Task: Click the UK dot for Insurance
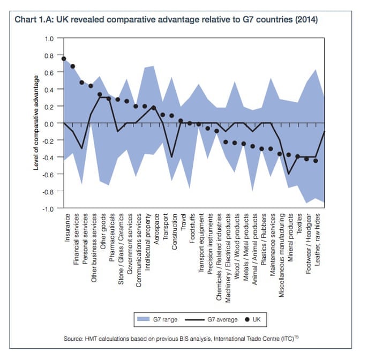click(x=64, y=58)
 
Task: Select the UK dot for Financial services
click(x=73, y=66)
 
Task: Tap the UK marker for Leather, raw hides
click(x=316, y=161)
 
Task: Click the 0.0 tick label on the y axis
click(x=50, y=123)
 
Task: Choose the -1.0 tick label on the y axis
click(x=48, y=208)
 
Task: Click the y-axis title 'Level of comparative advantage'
click(x=36, y=123)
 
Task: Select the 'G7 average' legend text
click(x=222, y=319)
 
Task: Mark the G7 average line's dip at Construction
click(x=172, y=157)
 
